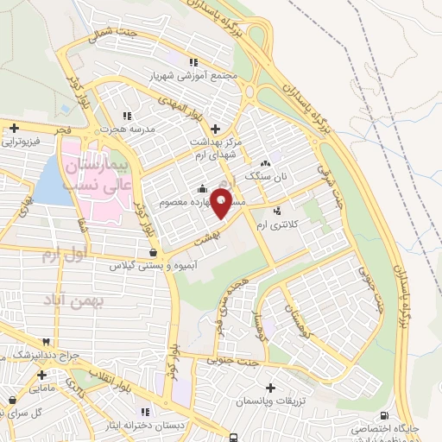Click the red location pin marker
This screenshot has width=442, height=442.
click(221, 203)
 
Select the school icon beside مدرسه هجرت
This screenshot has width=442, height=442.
click(128, 115)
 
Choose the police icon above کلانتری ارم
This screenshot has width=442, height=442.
click(276, 212)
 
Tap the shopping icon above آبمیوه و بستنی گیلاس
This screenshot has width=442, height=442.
click(153, 252)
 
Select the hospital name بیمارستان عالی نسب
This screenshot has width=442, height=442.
click(100, 173)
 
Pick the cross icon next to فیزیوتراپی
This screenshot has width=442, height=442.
click(15, 129)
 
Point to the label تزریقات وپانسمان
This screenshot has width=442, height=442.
click(273, 402)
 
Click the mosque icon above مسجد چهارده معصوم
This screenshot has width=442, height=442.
click(202, 189)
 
